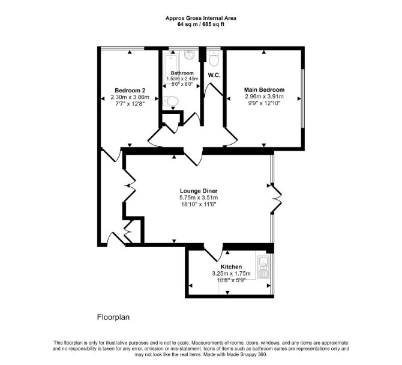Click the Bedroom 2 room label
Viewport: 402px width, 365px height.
[x=130, y=91]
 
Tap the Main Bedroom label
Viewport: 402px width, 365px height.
[x=265, y=90]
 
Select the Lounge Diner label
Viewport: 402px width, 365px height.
[x=199, y=191]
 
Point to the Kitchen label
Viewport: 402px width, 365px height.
[x=231, y=267]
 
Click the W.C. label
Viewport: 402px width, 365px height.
[x=214, y=75]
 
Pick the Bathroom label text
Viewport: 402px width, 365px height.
[x=182, y=73]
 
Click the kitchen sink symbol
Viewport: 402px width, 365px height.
[x=263, y=267]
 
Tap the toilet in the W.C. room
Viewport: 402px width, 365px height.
[x=214, y=58]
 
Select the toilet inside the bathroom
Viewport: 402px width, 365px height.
[x=170, y=101]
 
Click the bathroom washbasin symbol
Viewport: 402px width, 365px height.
[x=190, y=55]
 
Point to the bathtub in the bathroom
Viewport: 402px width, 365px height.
[x=170, y=67]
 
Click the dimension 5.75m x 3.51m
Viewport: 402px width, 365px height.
[x=199, y=198]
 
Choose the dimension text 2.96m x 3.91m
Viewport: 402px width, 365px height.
[x=265, y=97]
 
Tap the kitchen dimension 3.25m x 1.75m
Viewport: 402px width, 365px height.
[x=231, y=273]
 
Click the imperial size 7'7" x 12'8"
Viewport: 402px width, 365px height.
[x=130, y=104]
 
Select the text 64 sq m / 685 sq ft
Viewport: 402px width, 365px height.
[x=201, y=25]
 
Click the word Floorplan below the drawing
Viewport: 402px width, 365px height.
[x=113, y=318]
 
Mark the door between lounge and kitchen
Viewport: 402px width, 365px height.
[x=214, y=254]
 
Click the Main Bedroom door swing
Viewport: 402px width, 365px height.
[x=231, y=138]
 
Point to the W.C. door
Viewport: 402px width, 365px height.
[x=213, y=90]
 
